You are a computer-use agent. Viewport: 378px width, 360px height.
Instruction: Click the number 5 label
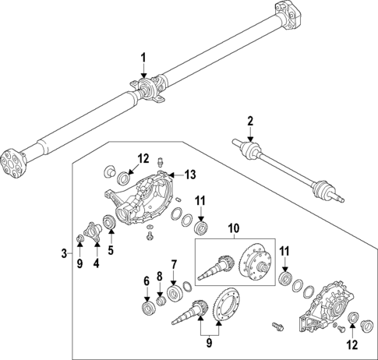point(111,251)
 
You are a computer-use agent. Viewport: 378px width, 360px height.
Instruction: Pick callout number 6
point(145,281)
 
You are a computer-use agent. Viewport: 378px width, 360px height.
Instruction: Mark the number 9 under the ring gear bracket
point(207,341)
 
